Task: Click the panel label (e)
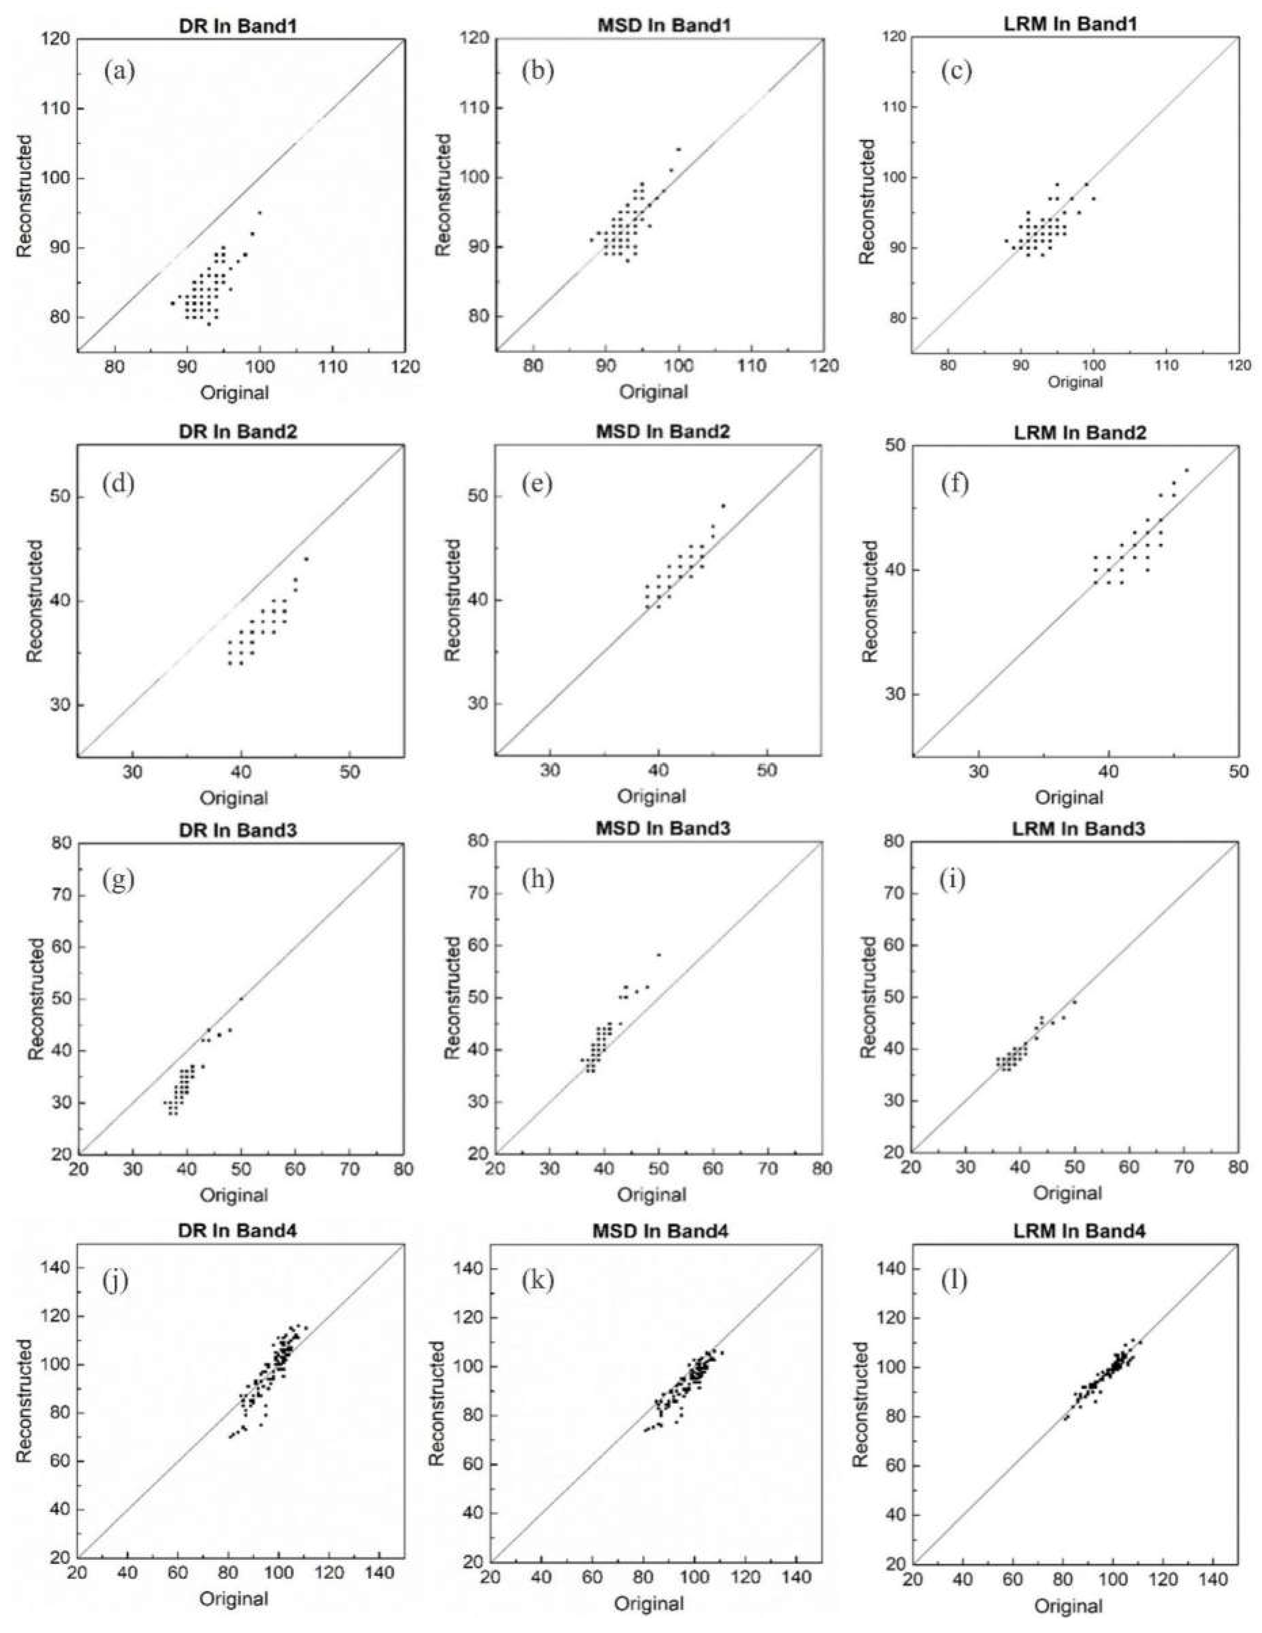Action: [x=537, y=485]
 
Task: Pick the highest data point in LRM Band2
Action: [x=1186, y=470]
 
